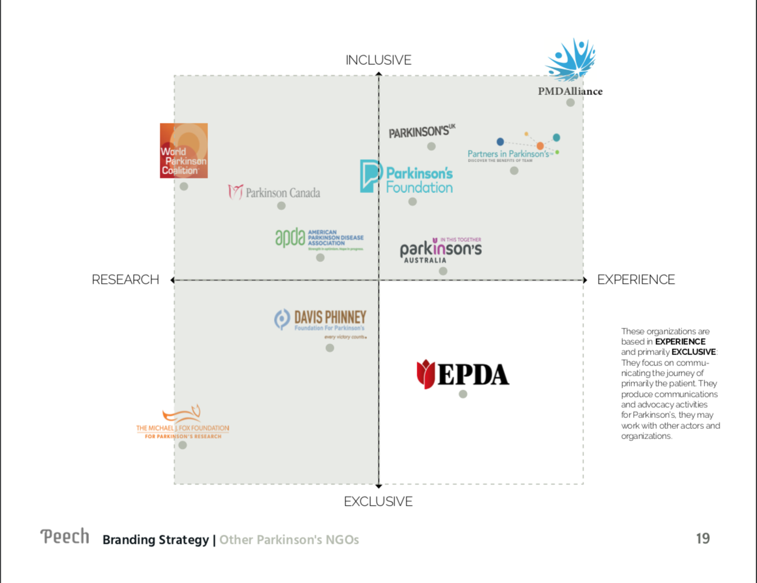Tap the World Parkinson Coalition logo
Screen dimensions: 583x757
(184, 151)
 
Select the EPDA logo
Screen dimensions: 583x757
(463, 374)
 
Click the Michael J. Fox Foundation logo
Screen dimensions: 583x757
(183, 423)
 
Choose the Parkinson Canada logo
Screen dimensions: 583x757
(275, 192)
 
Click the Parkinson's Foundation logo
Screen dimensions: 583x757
(406, 177)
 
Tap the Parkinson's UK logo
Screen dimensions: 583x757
(421, 132)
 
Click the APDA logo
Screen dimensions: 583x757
(319, 238)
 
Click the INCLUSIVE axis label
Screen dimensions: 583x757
(379, 60)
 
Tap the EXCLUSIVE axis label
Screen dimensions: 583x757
(379, 501)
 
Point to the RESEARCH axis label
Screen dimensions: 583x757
(125, 279)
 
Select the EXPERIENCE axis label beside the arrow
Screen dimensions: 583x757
(635, 279)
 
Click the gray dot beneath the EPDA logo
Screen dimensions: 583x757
(463, 394)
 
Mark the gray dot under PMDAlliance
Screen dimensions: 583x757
(570, 103)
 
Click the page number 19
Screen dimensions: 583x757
(703, 538)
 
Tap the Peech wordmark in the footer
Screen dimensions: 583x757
(65, 536)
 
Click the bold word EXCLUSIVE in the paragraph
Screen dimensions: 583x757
(693, 352)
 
